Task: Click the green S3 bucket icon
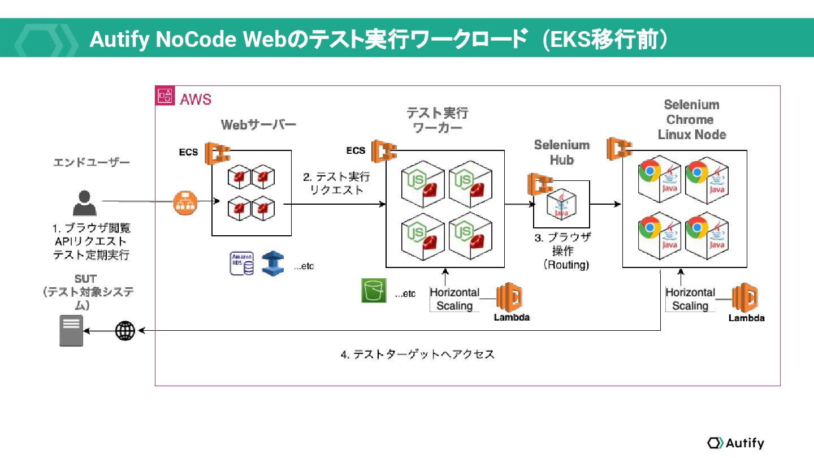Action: (x=374, y=291)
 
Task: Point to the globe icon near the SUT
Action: (x=125, y=331)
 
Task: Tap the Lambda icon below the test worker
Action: (x=510, y=299)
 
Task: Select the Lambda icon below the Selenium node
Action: (x=745, y=299)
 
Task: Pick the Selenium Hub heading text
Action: (x=562, y=153)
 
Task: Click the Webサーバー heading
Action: (x=258, y=124)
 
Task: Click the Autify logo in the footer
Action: (x=735, y=443)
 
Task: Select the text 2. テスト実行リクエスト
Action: (x=337, y=183)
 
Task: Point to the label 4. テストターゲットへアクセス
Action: (x=418, y=355)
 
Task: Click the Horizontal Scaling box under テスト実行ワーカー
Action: (x=454, y=299)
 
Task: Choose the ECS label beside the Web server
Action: (x=189, y=152)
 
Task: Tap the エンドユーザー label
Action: (x=92, y=162)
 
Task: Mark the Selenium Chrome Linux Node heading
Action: (x=692, y=119)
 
